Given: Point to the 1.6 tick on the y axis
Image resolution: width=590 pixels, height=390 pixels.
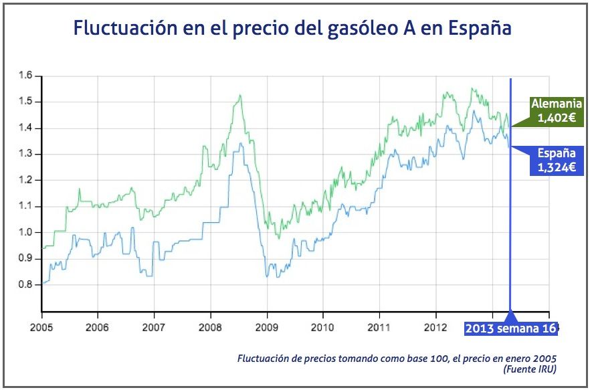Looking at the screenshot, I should [26, 76].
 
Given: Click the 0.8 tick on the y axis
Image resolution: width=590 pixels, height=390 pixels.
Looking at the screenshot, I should [26, 285].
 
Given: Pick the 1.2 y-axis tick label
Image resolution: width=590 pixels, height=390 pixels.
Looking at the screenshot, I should [26, 181].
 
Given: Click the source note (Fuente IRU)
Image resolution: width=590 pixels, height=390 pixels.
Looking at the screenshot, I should [530, 369].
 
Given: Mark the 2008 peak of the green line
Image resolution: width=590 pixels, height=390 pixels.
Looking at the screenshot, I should [239, 96].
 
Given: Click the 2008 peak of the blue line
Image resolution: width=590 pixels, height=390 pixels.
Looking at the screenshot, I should [241, 143].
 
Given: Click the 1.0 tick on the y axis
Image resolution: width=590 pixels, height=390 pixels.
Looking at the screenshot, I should [26, 233].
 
